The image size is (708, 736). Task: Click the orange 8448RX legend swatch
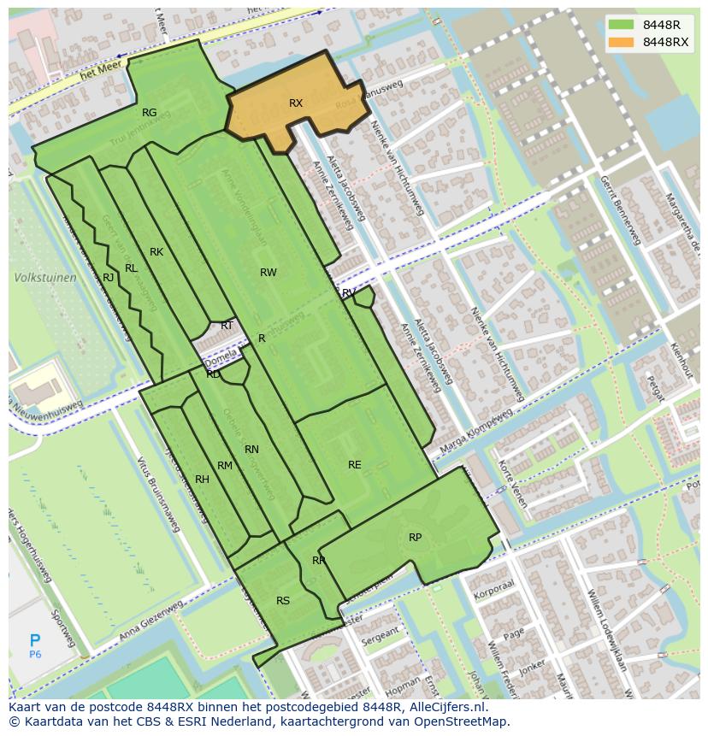coord(622,42)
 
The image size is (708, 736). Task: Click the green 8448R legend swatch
coord(622,25)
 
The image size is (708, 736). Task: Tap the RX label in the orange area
coord(296,103)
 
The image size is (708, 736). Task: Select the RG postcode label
coord(150,113)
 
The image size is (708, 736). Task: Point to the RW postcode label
coord(268,273)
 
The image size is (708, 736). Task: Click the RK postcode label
coord(156,252)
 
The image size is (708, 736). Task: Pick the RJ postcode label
coord(109,278)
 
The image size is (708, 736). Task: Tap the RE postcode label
coord(355,465)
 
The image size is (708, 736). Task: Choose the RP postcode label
coord(415,538)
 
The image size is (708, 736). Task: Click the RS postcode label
coord(283,601)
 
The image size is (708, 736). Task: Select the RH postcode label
coord(202,480)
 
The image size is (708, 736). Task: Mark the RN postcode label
coord(251,450)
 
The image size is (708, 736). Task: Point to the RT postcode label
coord(227,326)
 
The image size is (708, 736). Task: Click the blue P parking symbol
coord(35,641)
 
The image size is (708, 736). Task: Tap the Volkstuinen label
coord(45,278)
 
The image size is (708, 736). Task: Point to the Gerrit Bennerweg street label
coord(620,210)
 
